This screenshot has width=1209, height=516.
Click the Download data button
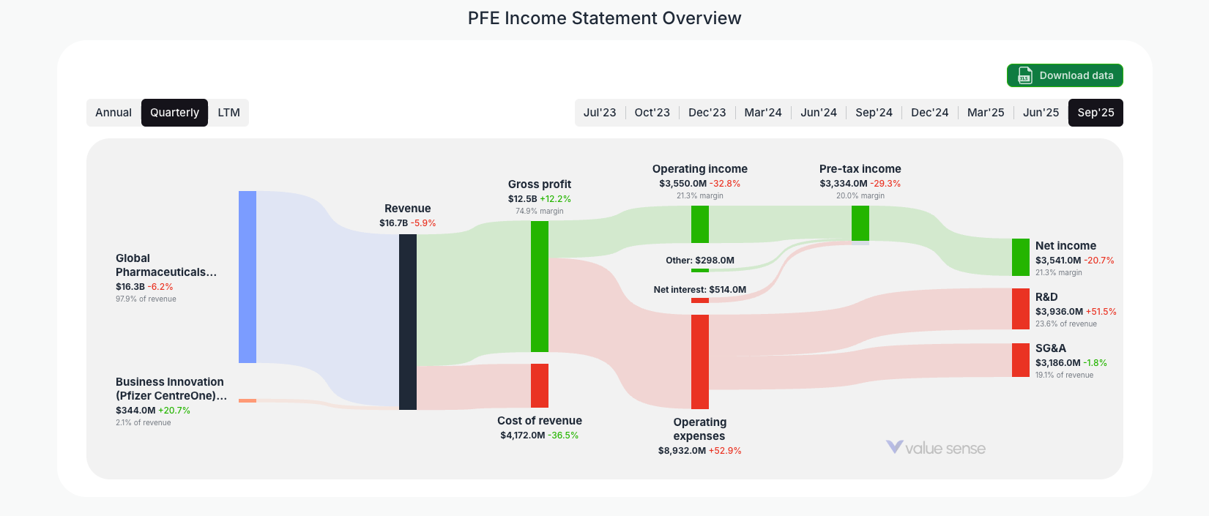point(1065,75)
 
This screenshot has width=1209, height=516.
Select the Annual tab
point(114,113)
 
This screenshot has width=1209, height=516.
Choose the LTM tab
point(228,113)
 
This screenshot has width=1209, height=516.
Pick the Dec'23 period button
point(707,113)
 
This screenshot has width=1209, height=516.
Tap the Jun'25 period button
point(1041,113)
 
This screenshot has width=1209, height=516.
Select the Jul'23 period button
point(600,113)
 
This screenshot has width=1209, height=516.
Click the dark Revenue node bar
point(408,322)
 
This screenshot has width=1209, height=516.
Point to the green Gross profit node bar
point(540,286)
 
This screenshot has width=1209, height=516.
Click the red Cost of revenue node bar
point(540,386)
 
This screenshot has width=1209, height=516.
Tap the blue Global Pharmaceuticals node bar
point(248,277)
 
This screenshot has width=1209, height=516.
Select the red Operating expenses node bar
point(700,362)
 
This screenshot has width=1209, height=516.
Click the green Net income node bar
point(1021,257)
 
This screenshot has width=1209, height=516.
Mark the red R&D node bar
point(1021,309)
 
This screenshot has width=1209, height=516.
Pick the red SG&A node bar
point(1021,360)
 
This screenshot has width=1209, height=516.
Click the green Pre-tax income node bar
point(860,223)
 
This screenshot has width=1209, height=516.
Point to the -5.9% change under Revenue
point(423,223)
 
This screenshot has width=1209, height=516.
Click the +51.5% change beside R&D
point(1101,312)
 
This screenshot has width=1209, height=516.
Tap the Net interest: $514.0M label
point(699,290)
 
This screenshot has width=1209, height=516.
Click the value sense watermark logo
point(936,448)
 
